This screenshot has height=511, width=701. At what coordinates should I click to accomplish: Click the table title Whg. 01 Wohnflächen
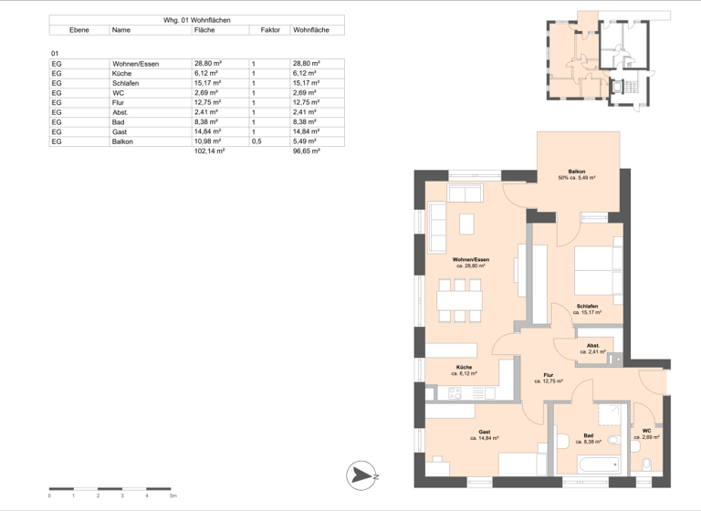[196, 19]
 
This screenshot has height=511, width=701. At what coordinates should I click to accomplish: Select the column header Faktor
[269, 30]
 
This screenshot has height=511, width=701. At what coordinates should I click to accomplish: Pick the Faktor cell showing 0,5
[257, 141]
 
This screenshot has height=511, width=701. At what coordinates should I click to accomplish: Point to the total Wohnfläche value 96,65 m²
[306, 151]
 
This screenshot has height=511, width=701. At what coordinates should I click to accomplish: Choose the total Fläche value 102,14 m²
[209, 151]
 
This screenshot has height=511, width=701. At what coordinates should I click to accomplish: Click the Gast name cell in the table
[120, 131]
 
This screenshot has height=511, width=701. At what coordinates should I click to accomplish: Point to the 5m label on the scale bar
[173, 496]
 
